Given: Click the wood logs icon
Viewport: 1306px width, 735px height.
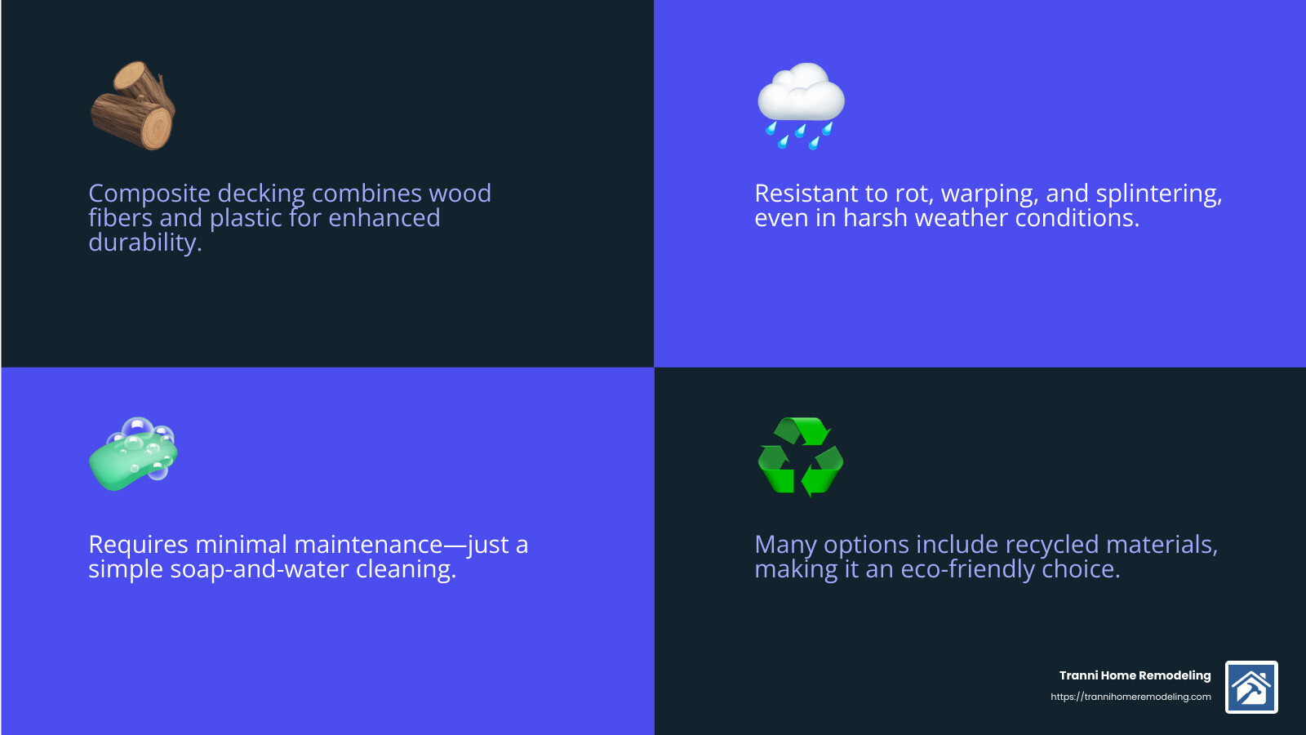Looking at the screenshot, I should click(x=133, y=106).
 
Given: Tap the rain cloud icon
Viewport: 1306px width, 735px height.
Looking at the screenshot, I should click(x=801, y=105).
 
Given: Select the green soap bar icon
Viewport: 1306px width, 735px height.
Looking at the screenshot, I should click(x=133, y=455).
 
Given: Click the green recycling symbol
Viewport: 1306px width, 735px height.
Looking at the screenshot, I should click(x=801, y=457).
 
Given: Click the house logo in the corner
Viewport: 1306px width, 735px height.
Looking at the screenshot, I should click(x=1251, y=688).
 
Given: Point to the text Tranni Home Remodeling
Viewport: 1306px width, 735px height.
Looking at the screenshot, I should click(x=1135, y=675).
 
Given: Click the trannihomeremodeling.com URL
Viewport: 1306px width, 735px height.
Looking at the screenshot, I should click(x=1131, y=697).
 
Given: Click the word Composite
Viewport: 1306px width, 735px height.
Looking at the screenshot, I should click(x=149, y=194).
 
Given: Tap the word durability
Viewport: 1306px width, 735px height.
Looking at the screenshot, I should click(x=144, y=243).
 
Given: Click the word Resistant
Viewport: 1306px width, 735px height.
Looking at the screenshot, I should click(x=806, y=194).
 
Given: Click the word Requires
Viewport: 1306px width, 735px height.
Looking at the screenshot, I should click(x=138, y=545).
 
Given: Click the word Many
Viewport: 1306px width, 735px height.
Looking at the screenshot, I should click(x=785, y=545).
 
